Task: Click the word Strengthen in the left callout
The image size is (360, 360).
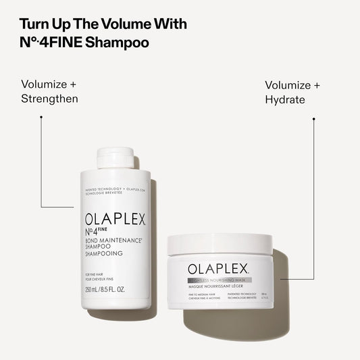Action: click(x=49, y=99)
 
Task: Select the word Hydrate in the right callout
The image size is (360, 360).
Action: click(x=285, y=99)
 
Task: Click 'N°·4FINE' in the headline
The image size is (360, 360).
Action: click(x=48, y=42)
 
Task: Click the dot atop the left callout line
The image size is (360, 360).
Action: click(x=41, y=117)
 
